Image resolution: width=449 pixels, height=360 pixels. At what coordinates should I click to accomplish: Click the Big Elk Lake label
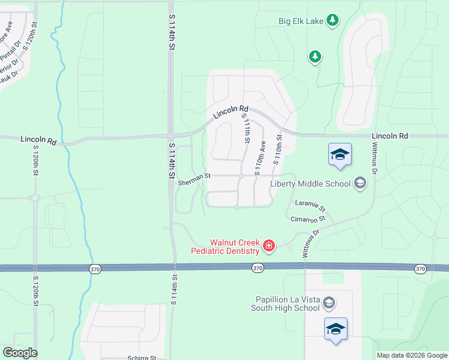pos(301,21)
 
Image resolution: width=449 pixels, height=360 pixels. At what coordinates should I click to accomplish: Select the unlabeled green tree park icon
pos(315,56)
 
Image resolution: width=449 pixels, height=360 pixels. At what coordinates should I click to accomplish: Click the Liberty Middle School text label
pos(310,184)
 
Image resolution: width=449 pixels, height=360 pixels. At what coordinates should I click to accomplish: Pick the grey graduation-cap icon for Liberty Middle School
pos(360,183)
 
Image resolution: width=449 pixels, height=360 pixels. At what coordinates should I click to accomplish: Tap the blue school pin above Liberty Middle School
pos(340,155)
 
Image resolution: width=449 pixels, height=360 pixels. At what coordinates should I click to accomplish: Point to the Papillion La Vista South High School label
pos(285,304)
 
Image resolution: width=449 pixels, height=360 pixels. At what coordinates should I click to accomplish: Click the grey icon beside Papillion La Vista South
pos(328,303)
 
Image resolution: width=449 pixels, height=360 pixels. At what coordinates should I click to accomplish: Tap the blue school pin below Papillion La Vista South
pos(336,329)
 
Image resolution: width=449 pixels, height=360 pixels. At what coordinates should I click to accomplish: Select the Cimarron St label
pos(307,220)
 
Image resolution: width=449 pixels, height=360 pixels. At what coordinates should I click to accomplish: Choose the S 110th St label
pos(277,150)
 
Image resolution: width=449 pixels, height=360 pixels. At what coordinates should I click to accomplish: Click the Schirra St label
pos(142,357)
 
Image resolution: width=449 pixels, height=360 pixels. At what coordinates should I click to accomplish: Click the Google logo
pos(20,353)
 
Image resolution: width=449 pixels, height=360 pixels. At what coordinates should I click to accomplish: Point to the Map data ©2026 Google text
pos(411,355)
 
